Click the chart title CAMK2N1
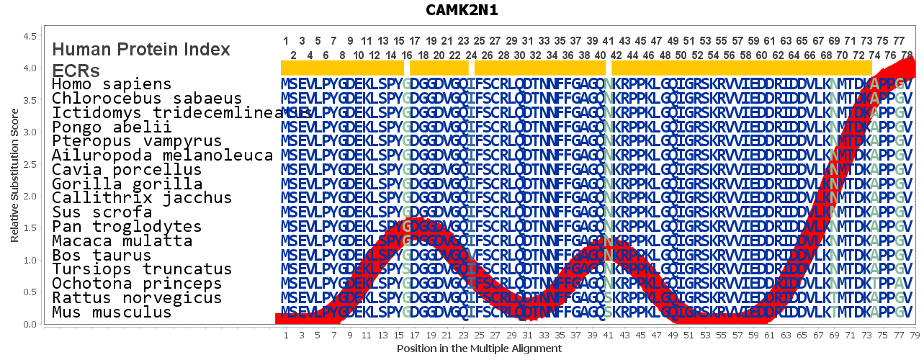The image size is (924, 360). pyautogui.click(x=461, y=10)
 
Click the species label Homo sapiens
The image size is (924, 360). pyautogui.click(x=112, y=84)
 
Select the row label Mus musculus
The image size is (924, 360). pyautogui.click(x=112, y=312)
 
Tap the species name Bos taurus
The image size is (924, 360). pyautogui.click(x=102, y=256)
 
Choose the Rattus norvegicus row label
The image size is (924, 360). pyautogui.click(x=127, y=298)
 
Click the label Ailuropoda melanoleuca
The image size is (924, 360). pyautogui.click(x=162, y=156)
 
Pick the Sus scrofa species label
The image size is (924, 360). pyautogui.click(x=102, y=212)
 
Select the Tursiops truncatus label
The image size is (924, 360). pyautogui.click(x=142, y=269)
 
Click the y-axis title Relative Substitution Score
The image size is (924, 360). pyautogui.click(x=14, y=176)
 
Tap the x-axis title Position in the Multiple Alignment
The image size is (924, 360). pyautogui.click(x=479, y=348)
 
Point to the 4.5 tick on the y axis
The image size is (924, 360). pyautogui.click(x=31, y=36)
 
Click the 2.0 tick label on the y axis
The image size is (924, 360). pyautogui.click(x=31, y=197)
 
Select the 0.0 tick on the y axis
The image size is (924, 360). pyautogui.click(x=31, y=325)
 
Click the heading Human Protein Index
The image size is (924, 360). pyautogui.click(x=141, y=50)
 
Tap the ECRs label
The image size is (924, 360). pyautogui.click(x=76, y=70)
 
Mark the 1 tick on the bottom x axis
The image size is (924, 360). pyautogui.click(x=286, y=335)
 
